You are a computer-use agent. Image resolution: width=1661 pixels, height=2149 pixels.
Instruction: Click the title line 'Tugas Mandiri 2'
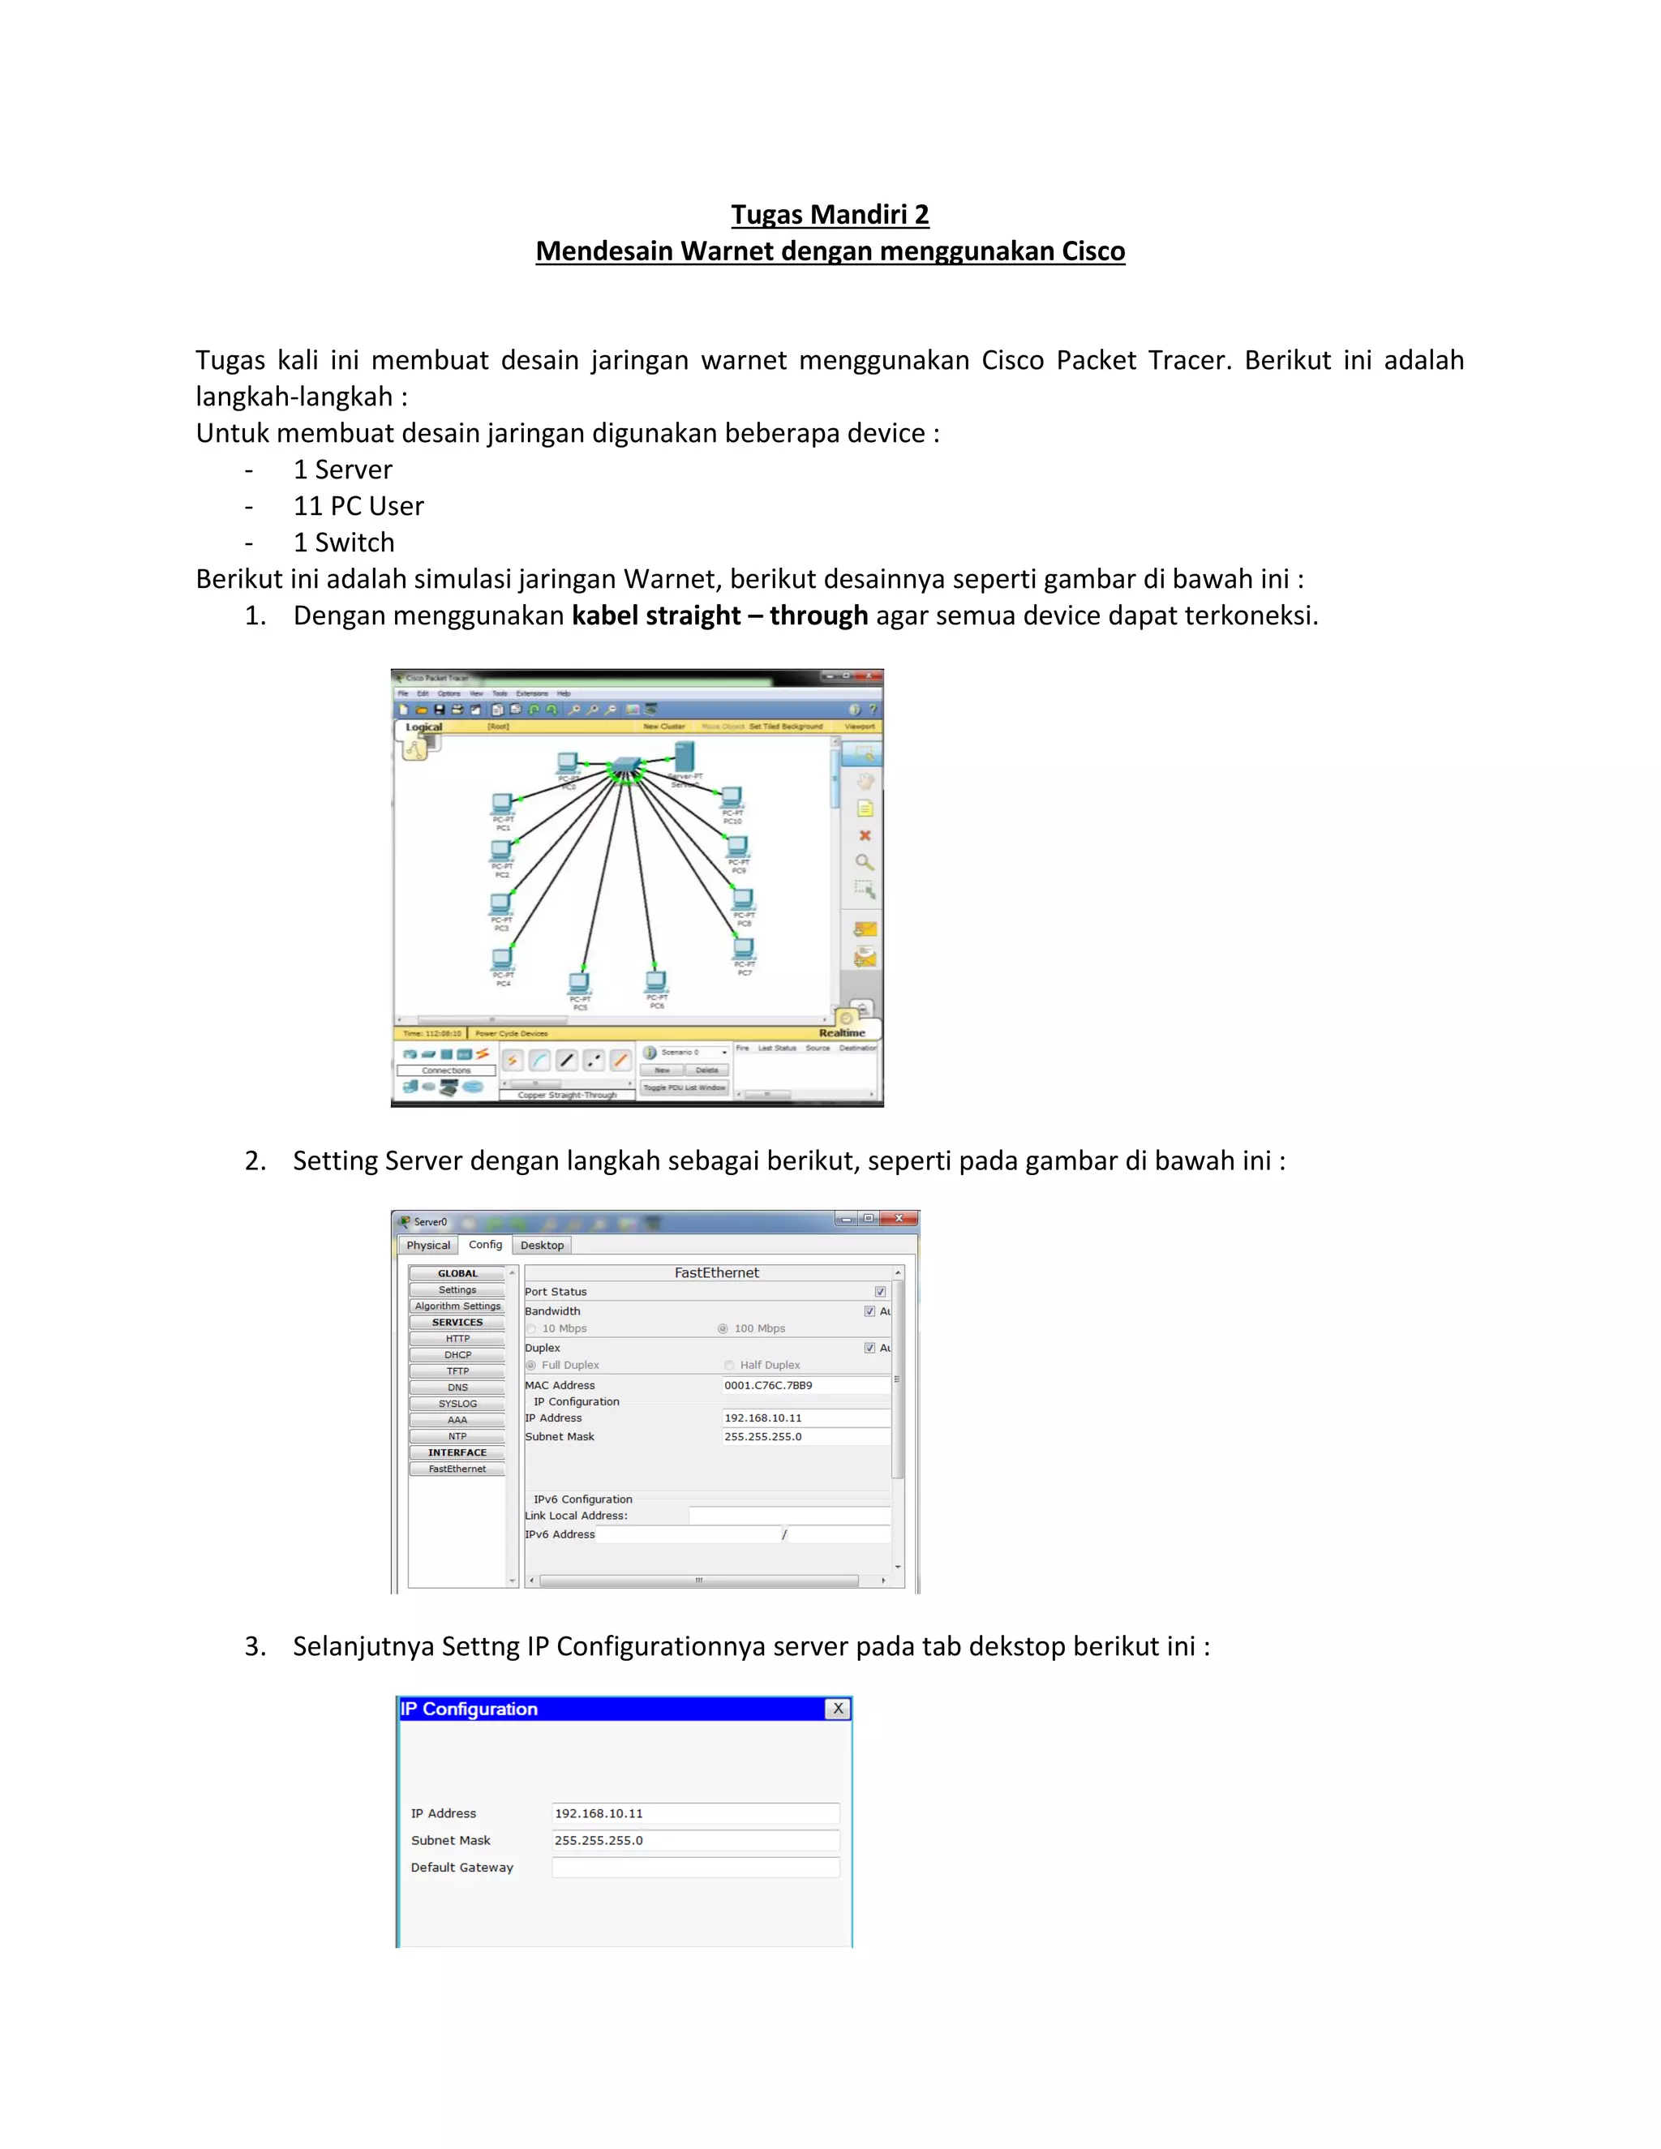click(830, 215)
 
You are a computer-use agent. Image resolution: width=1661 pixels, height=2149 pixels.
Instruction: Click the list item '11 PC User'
click(358, 506)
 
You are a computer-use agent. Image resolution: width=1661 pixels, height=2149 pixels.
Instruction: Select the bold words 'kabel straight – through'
click(719, 616)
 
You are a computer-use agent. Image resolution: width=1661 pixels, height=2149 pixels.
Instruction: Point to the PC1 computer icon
click(503, 804)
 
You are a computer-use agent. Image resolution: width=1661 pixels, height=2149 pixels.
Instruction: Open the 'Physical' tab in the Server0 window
click(428, 1245)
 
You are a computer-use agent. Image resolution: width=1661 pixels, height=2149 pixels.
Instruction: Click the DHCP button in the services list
click(457, 1355)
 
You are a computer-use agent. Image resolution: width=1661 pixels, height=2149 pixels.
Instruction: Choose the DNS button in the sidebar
click(457, 1388)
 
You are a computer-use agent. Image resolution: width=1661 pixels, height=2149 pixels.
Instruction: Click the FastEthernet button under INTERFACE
click(457, 1469)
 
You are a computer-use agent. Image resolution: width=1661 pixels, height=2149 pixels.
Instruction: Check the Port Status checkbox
click(880, 1292)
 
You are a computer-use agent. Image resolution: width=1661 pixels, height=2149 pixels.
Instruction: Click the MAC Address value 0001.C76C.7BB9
click(769, 1385)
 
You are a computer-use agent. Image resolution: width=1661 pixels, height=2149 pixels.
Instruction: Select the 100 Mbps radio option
click(723, 1328)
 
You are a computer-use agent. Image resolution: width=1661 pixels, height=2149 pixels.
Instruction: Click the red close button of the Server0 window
click(899, 1219)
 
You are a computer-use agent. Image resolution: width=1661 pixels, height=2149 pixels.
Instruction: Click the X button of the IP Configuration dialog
click(837, 1709)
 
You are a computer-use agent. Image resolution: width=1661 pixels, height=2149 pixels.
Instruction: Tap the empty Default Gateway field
click(695, 1868)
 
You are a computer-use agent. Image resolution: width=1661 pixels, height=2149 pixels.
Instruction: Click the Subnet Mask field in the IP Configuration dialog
click(695, 1840)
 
